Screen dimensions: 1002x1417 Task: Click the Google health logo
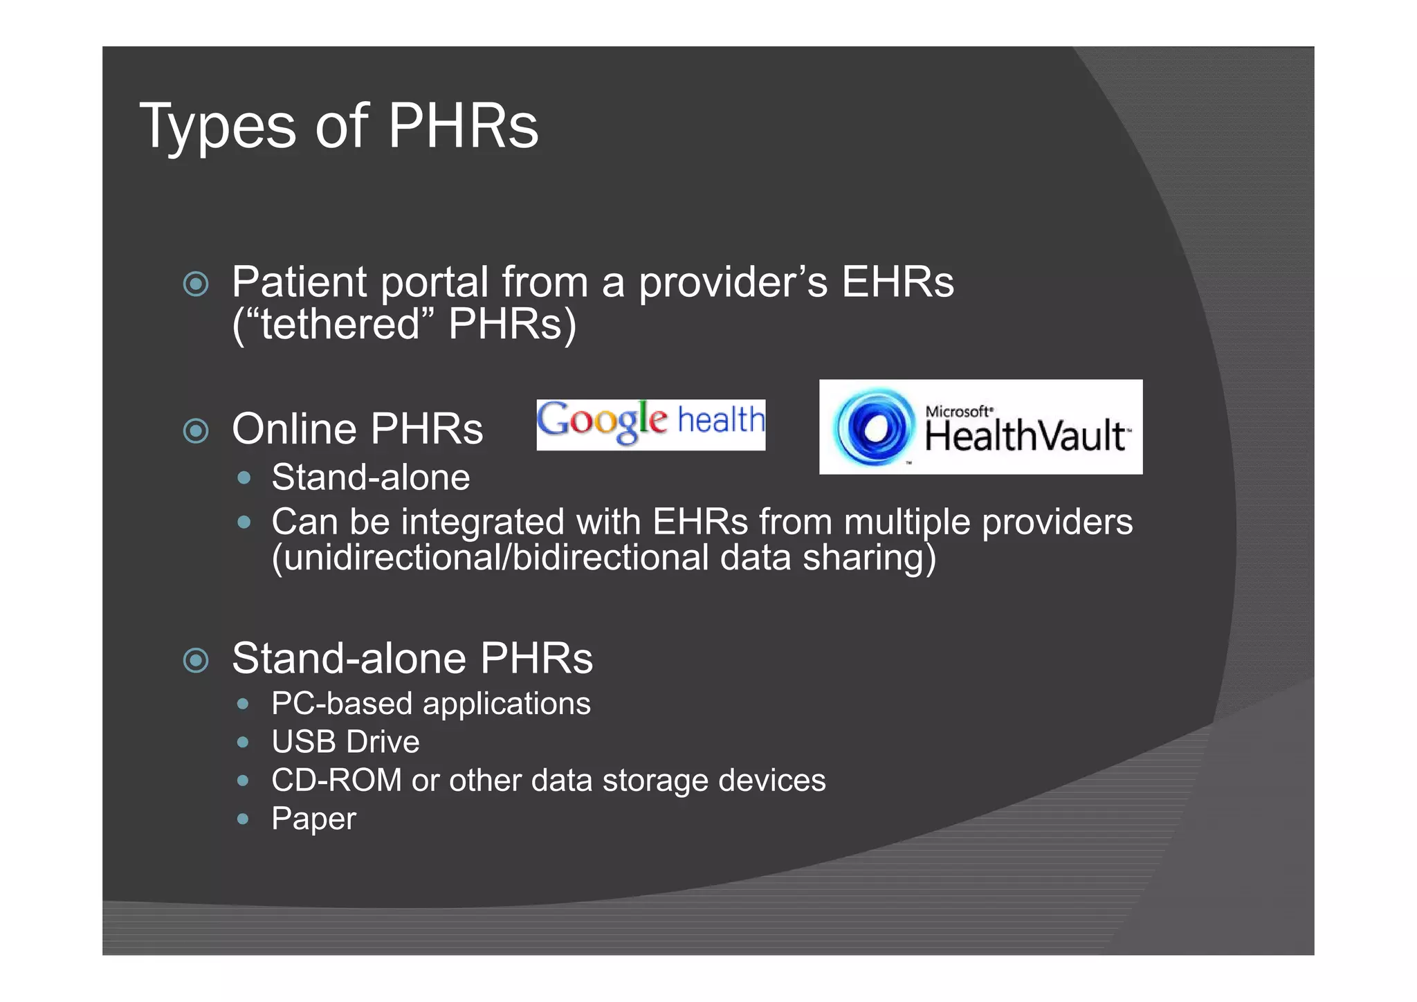click(650, 424)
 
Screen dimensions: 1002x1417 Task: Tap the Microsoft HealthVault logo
click(980, 427)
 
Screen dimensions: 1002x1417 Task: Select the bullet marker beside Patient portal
click(196, 284)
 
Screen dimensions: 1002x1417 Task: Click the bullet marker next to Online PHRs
click(196, 431)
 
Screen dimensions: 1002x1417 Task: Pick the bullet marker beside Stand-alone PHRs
click(196, 660)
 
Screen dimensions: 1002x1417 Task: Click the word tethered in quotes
click(340, 324)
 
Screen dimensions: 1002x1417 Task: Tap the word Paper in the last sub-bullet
click(313, 819)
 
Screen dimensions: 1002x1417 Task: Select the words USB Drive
click(345, 742)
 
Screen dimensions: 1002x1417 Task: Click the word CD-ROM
click(336, 781)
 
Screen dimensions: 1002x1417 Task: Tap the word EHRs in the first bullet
click(897, 282)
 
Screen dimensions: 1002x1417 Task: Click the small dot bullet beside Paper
click(242, 819)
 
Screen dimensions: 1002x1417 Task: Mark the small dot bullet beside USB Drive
click(242, 743)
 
